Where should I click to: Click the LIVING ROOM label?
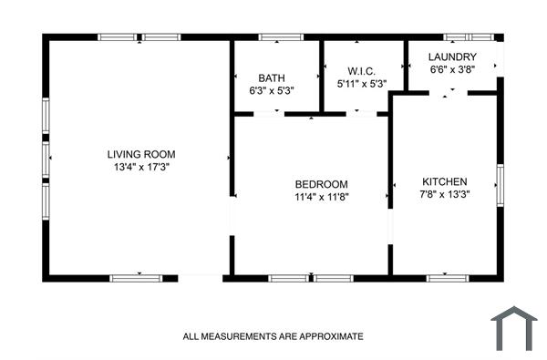coord(140,154)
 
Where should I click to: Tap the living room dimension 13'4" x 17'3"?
coord(140,168)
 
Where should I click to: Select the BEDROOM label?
coord(321,182)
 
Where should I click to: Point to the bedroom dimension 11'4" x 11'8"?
coord(321,196)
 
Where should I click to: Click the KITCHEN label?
coord(444,181)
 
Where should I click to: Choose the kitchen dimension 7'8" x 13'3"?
coord(444,194)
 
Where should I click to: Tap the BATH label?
coord(272,77)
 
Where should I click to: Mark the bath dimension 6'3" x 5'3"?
coord(272,91)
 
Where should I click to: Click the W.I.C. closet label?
coord(362,71)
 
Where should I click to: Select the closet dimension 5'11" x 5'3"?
coord(362,85)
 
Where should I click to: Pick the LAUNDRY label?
coord(452,57)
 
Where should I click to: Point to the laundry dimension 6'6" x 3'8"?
coord(452,69)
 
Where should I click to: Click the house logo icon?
coord(514,328)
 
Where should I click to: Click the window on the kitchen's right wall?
coord(499,184)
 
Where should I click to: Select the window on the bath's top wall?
coord(281,37)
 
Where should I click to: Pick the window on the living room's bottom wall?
coord(137,277)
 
